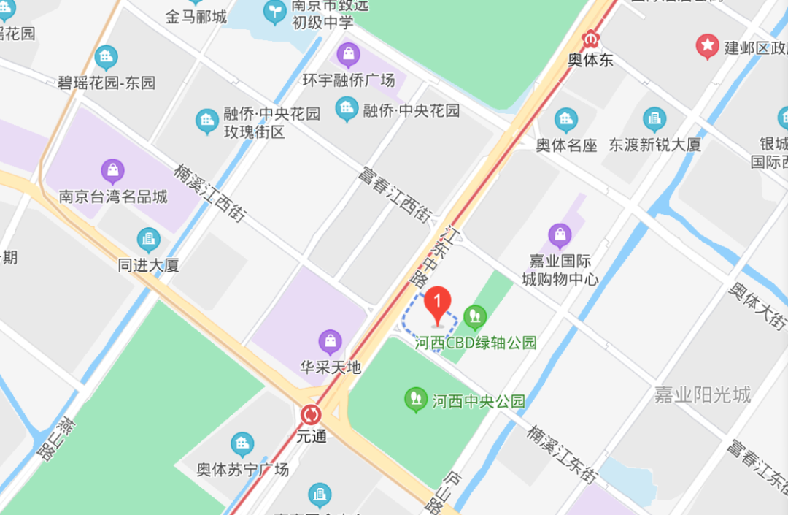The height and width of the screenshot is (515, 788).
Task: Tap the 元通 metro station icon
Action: click(x=311, y=415)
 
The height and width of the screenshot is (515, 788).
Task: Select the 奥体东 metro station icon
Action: click(x=590, y=39)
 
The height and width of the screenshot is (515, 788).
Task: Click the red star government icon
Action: click(x=707, y=46)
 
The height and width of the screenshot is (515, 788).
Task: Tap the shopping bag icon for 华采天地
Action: click(x=331, y=341)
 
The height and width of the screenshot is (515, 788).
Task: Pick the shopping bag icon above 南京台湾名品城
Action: click(x=112, y=172)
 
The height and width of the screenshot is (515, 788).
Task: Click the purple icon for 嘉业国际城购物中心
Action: click(x=560, y=235)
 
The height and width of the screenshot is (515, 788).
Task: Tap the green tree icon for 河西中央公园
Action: click(x=416, y=399)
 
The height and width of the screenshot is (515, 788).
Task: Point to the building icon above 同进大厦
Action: click(x=148, y=240)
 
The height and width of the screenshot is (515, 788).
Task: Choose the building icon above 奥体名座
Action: click(x=565, y=120)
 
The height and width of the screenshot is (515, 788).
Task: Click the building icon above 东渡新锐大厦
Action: click(x=654, y=119)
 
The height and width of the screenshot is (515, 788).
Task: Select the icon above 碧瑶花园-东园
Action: click(x=107, y=58)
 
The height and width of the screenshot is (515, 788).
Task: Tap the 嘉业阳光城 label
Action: click(x=703, y=394)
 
